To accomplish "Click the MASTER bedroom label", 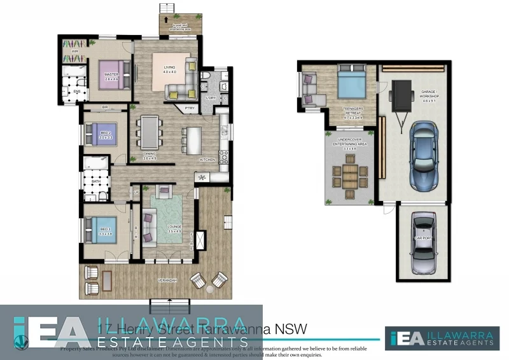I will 112,75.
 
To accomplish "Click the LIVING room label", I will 169,69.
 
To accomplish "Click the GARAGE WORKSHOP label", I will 428,95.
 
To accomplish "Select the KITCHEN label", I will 207,159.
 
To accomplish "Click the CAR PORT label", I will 423,237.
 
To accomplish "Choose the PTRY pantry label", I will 190,109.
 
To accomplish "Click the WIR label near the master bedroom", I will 74,52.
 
